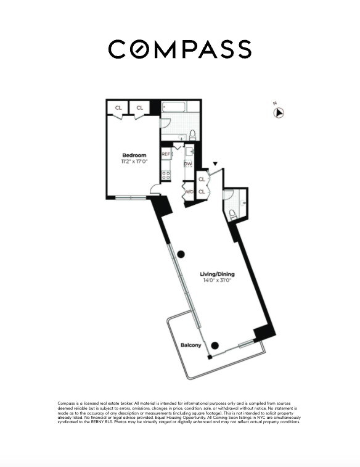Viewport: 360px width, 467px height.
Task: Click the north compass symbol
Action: [x=279, y=112]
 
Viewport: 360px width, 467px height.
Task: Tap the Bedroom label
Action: [x=134, y=155]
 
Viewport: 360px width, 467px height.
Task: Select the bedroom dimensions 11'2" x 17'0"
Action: [x=134, y=162]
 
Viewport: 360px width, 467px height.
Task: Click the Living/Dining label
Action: [x=216, y=274]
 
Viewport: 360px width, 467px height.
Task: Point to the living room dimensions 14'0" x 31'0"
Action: [x=216, y=281]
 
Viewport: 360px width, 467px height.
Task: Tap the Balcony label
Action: [x=190, y=345]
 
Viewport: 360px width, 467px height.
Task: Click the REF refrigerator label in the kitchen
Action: [x=166, y=154]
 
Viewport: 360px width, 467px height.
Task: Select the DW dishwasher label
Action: [x=188, y=163]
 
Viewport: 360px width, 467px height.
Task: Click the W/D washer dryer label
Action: [x=189, y=192]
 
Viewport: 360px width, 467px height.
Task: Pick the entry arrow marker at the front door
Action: [x=215, y=164]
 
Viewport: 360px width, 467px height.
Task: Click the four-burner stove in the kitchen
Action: [x=166, y=175]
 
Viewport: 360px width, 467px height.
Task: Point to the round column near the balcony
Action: [x=215, y=345]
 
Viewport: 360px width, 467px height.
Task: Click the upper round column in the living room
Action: [x=180, y=254]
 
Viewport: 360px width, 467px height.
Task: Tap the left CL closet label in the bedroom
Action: [x=118, y=108]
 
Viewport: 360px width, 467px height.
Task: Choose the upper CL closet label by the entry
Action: [x=202, y=180]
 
